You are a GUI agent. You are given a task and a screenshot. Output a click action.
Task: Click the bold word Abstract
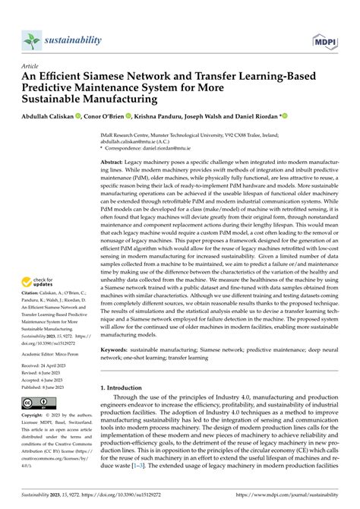click(x=112, y=163)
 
